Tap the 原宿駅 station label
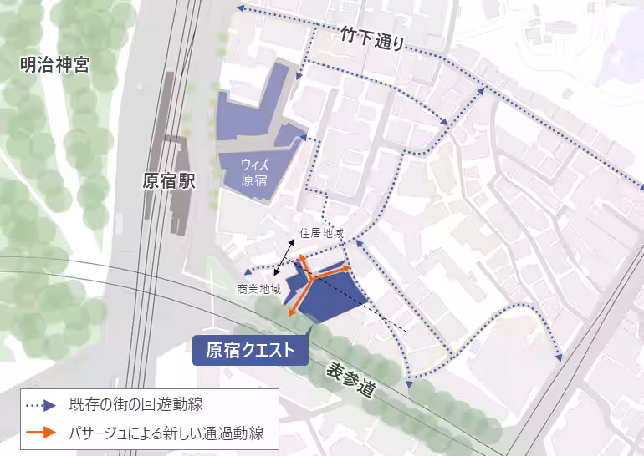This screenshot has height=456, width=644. [168, 181]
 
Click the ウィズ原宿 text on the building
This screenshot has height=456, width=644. [254, 172]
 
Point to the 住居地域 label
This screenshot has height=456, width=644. [322, 233]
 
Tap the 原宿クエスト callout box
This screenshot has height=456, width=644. [251, 350]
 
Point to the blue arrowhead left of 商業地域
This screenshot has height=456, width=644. [248, 272]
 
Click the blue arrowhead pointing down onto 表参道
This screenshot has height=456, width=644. [409, 384]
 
